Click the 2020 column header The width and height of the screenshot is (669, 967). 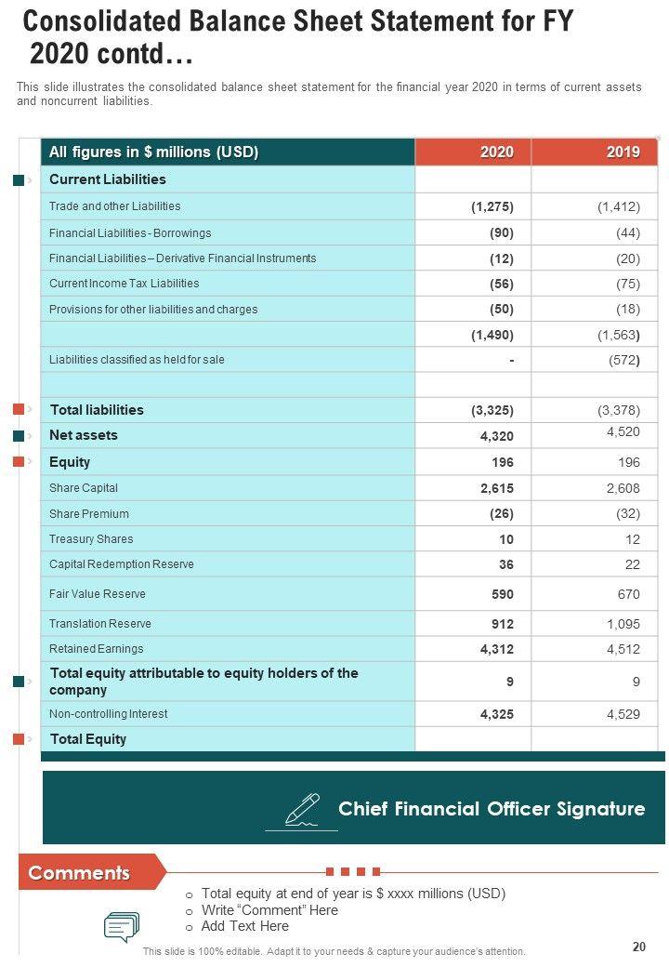(x=496, y=152)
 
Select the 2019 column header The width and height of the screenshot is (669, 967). (x=623, y=152)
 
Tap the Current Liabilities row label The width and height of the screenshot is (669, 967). (x=107, y=179)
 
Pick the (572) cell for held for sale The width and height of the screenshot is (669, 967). (x=622, y=360)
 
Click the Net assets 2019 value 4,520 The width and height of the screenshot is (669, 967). (x=622, y=431)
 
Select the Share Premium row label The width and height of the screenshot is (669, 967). (x=89, y=514)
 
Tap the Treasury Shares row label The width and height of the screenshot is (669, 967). (x=91, y=539)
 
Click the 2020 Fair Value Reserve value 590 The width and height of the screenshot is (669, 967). (x=502, y=594)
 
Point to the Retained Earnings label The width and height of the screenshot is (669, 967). (x=97, y=649)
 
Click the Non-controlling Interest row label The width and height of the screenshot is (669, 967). (x=109, y=714)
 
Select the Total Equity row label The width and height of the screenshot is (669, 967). (x=88, y=739)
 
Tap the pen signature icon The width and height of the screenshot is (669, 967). (x=301, y=809)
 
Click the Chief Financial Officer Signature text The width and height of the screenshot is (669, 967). (x=491, y=809)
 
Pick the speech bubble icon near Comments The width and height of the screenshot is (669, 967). (x=122, y=927)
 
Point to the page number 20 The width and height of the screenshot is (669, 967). (x=638, y=947)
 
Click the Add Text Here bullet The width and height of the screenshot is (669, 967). (x=244, y=926)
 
